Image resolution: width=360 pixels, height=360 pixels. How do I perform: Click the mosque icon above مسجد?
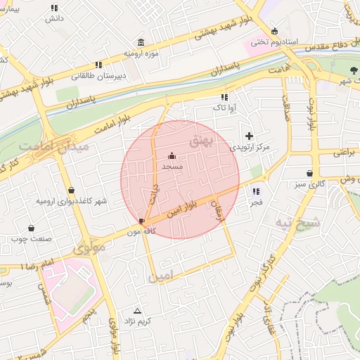click(x=172, y=156)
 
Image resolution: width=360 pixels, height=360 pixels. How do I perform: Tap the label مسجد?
click(x=172, y=167)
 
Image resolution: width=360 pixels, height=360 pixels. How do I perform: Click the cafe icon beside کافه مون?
click(x=143, y=221)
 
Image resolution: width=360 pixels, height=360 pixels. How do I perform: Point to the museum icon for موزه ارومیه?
click(x=142, y=41)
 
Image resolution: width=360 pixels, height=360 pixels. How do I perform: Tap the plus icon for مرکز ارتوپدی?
click(x=248, y=136)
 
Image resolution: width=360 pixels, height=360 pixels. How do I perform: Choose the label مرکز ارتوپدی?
click(x=250, y=148)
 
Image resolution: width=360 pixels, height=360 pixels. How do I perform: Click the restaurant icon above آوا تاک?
click(x=224, y=97)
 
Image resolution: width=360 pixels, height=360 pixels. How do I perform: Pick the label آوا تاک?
click(x=224, y=108)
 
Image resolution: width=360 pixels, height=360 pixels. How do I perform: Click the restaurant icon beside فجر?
click(x=255, y=191)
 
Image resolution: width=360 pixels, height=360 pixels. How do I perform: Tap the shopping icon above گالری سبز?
click(x=310, y=173)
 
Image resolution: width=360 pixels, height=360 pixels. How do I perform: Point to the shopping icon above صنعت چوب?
click(x=31, y=228)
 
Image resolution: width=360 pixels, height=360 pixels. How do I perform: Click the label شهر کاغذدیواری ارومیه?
click(x=72, y=201)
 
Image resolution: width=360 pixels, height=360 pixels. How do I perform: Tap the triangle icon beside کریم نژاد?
click(x=137, y=310)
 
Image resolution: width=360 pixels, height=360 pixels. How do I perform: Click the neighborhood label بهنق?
click(x=200, y=142)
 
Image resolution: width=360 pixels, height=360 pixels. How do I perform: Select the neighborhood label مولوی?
click(x=89, y=248)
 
